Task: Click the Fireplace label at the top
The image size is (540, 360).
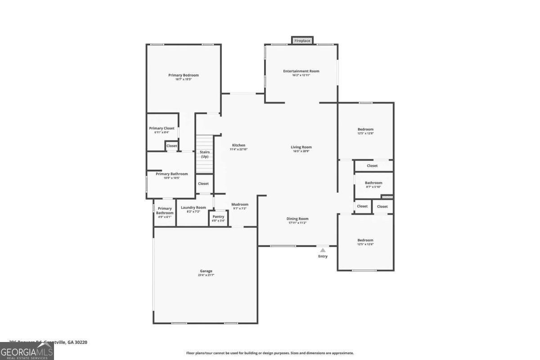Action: click(302, 41)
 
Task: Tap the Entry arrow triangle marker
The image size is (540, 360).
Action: click(323, 250)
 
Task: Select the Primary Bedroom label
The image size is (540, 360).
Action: click(184, 75)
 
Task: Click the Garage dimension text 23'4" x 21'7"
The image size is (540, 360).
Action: click(206, 275)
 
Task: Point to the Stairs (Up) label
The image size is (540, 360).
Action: click(205, 154)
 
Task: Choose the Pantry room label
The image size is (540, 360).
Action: click(218, 216)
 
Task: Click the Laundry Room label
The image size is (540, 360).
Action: click(193, 207)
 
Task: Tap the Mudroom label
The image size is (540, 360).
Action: click(240, 204)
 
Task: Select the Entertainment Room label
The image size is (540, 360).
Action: click(301, 71)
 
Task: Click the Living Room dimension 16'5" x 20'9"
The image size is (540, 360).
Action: click(301, 151)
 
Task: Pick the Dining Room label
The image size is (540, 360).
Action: click(297, 219)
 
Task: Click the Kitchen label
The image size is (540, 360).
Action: click(238, 145)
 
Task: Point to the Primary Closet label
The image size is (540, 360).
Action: click(162, 128)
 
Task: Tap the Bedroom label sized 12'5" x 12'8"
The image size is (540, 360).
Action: click(365, 129)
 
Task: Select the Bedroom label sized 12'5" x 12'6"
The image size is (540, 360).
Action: click(365, 240)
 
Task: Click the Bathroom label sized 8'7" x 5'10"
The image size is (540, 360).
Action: click(373, 183)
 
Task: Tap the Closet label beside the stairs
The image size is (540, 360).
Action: click(203, 184)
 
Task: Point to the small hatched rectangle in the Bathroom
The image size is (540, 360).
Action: click(387, 197)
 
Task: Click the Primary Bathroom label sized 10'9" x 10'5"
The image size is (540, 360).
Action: click(172, 174)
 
